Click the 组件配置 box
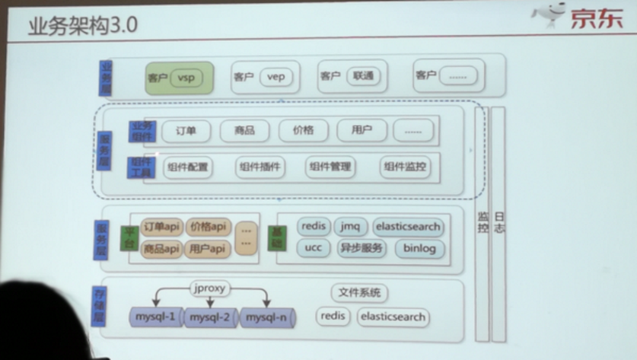[188, 167]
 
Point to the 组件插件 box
[260, 167]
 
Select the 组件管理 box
[330, 167]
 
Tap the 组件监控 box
[404, 167]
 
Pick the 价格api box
[208, 227]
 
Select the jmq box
[350, 227]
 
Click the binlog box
[420, 248]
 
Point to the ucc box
[312, 248]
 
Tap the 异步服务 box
[361, 248]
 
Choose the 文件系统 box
[359, 293]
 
